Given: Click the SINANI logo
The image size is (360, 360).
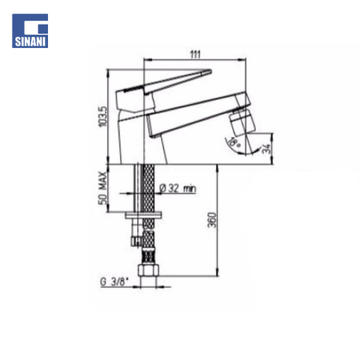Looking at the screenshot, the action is coord(30,31).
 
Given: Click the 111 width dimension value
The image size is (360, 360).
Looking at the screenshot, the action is coord(195,55).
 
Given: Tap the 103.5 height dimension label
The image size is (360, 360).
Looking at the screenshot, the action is coord(103,116).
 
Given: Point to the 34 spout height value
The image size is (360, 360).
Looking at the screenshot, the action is coord(266,149).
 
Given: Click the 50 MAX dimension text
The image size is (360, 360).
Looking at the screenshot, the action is coord(103,188).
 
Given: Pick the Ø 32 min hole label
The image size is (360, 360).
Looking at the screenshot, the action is coord(178,188).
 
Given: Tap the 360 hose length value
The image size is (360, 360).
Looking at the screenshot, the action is coord(211,220).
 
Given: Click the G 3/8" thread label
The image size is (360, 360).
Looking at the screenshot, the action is coord(114,282).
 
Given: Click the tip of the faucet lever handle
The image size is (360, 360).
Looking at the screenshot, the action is coord(211,70).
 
